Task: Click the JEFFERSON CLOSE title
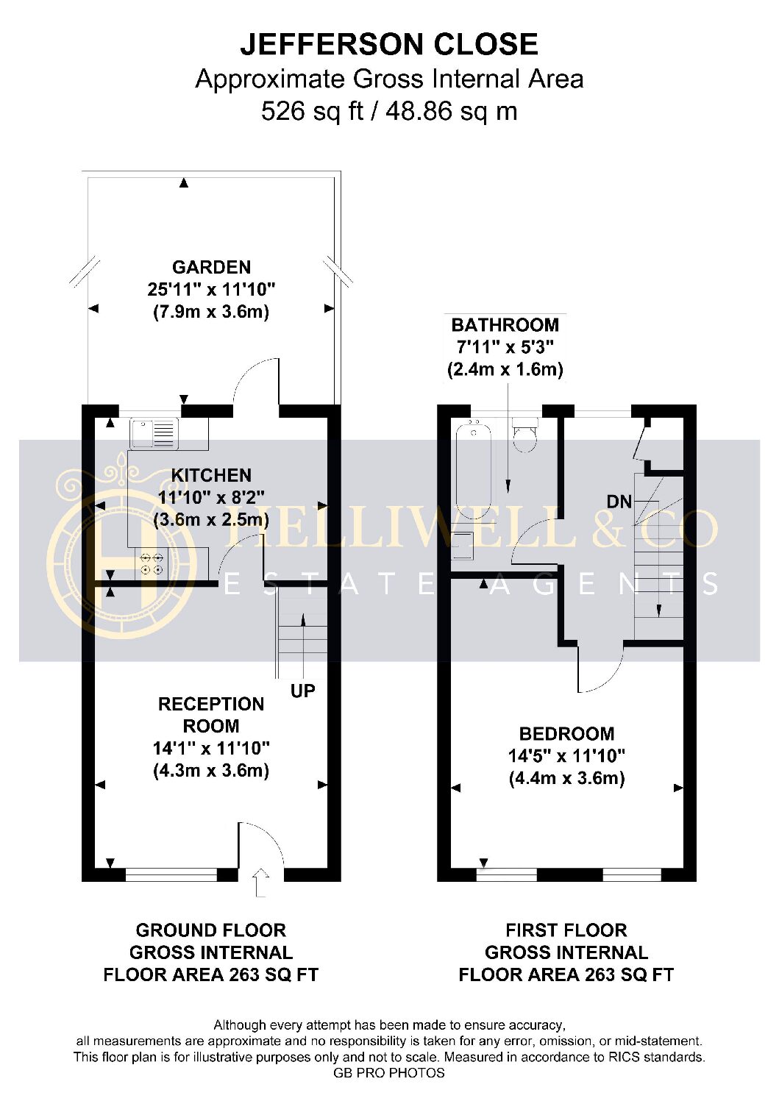click(x=389, y=44)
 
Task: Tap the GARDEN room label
click(x=211, y=268)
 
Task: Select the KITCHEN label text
click(x=211, y=475)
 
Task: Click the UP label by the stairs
click(x=303, y=691)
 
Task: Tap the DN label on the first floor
click(x=619, y=502)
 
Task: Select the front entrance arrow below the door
click(x=260, y=883)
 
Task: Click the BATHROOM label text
click(x=505, y=325)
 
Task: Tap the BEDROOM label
click(x=566, y=733)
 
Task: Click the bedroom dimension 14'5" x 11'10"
click(x=566, y=755)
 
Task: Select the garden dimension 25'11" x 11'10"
click(x=211, y=290)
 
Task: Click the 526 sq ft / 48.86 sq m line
click(x=389, y=111)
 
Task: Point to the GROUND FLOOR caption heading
click(x=211, y=930)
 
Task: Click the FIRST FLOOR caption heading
click(x=566, y=930)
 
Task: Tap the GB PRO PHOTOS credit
click(x=389, y=1087)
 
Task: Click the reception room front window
click(x=171, y=874)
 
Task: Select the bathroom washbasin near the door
click(x=463, y=546)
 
